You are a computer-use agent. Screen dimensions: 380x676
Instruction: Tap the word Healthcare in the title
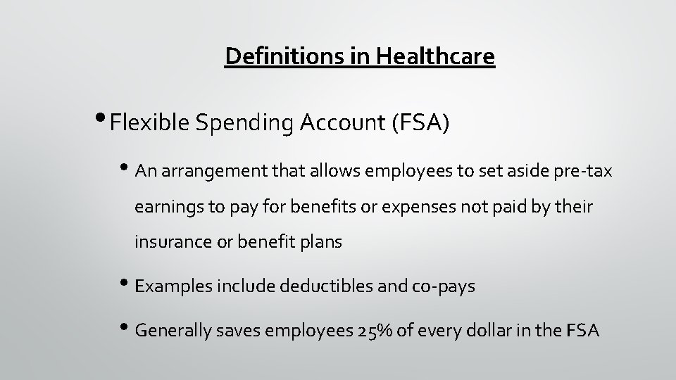click(x=435, y=56)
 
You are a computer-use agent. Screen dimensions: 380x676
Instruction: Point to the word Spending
click(x=239, y=124)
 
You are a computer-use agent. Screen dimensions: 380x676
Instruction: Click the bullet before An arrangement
click(x=127, y=170)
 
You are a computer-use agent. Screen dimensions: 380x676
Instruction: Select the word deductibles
click(x=320, y=287)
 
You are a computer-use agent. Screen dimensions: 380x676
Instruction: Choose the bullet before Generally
click(x=127, y=328)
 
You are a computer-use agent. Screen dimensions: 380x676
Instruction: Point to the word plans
click(x=320, y=243)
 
